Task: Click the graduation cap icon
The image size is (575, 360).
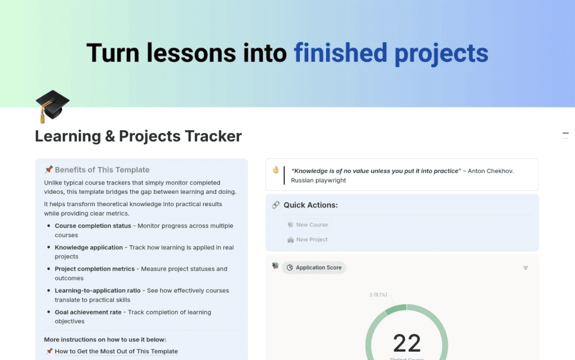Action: [52, 107]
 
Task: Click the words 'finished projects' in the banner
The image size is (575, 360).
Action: [391, 53]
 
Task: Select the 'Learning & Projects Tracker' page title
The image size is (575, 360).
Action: [138, 136]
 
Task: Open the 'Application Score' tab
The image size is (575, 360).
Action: [314, 268]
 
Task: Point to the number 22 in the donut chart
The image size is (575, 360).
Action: [407, 343]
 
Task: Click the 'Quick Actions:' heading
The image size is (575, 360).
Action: [311, 205]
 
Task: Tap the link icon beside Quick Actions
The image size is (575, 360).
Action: [276, 205]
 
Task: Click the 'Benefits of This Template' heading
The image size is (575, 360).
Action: [102, 170]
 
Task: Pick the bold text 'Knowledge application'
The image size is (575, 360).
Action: [89, 247]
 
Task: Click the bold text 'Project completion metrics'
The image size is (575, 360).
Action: [95, 269]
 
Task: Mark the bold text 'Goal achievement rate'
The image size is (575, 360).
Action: [88, 312]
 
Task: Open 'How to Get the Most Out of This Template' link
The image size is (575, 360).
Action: [116, 352]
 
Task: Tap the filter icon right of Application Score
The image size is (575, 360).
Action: [526, 268]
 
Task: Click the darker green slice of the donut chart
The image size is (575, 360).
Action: [396, 309]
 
